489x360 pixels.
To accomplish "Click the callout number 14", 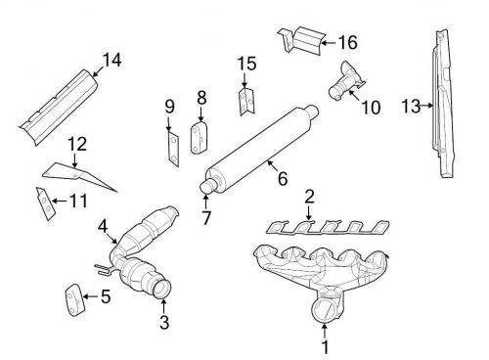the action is point(112,60).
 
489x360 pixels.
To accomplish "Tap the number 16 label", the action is point(348,42).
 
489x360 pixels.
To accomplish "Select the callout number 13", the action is point(411,106).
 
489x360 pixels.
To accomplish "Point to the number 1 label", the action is point(325,346).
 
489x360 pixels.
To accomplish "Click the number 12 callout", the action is point(77,144).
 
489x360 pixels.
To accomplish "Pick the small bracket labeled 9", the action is point(173,150).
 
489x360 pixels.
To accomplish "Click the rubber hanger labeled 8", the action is point(200,138).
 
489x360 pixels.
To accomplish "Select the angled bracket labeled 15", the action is point(246,101).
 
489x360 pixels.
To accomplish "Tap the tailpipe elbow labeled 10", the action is point(346,81).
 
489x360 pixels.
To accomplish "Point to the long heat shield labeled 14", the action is point(60,107).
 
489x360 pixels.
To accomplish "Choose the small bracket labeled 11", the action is point(45,203).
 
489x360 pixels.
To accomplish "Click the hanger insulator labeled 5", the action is point(75,299).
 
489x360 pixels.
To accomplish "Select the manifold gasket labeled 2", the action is point(328,227).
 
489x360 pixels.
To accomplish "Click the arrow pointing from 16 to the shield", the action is point(329,43).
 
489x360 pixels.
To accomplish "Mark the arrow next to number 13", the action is point(427,106).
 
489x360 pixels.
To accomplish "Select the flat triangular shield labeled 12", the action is point(75,174).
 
